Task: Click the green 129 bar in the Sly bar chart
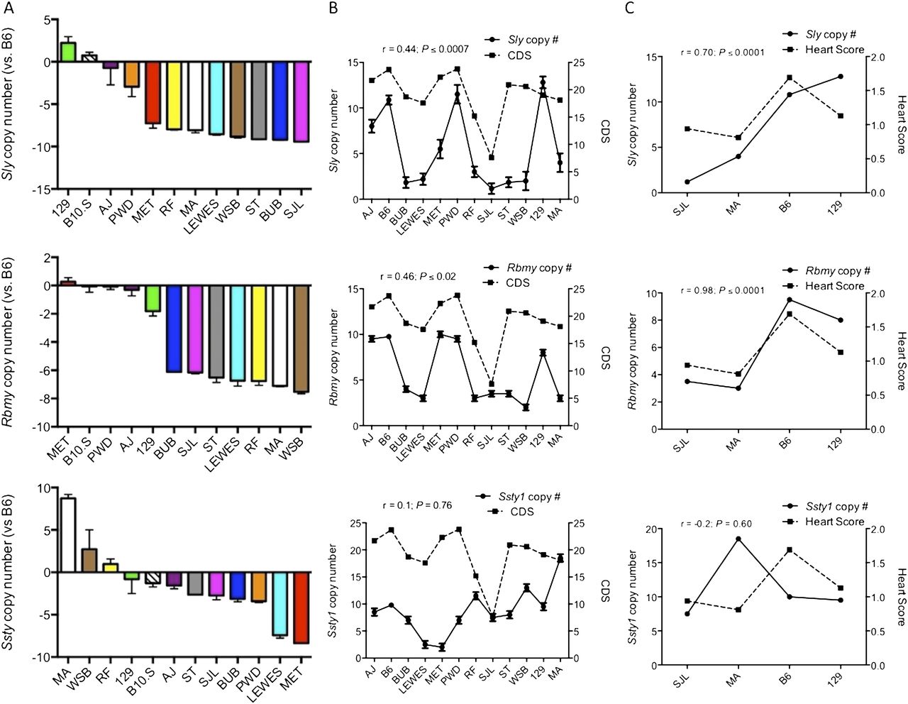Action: coord(68,53)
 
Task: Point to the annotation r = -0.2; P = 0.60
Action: coord(714,524)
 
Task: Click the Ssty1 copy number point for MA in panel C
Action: coord(738,539)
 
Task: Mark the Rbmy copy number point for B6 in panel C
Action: coord(789,299)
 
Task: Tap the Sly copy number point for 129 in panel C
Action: coord(840,76)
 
